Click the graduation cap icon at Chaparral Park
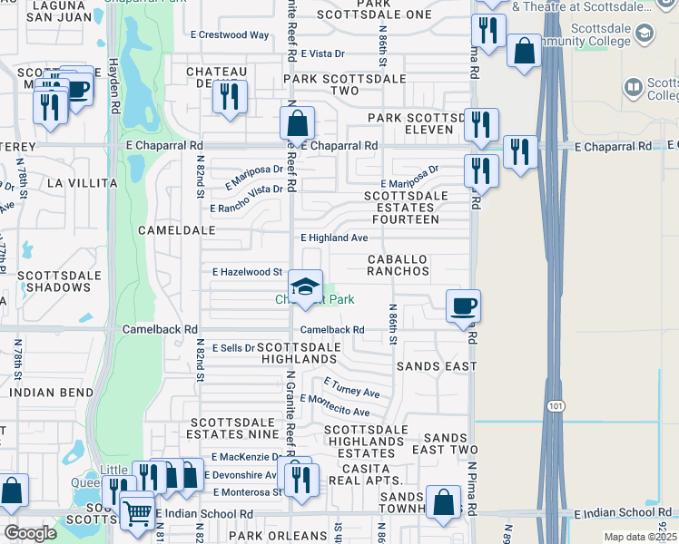pos(306,286)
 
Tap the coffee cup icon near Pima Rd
pos(463,306)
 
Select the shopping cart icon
pos(136,512)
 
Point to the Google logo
pos(30,533)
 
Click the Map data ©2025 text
pos(640,537)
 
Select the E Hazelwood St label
pos(247,271)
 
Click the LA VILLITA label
pos(83,182)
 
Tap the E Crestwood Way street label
pos(230,35)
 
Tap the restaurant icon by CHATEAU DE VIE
pos(230,96)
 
